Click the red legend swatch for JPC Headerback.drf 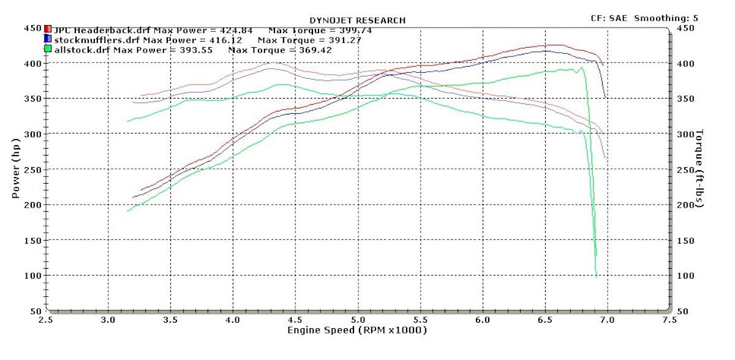pyautogui.click(x=48, y=29)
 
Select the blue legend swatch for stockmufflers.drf pyautogui.click(x=48, y=39)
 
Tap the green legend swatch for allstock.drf pyautogui.click(x=48, y=49)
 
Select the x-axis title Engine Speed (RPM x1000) pyautogui.click(x=357, y=330)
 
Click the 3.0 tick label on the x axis pyautogui.click(x=108, y=319)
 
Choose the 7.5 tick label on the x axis pyautogui.click(x=669, y=319)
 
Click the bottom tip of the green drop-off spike pyautogui.click(x=596, y=277)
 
